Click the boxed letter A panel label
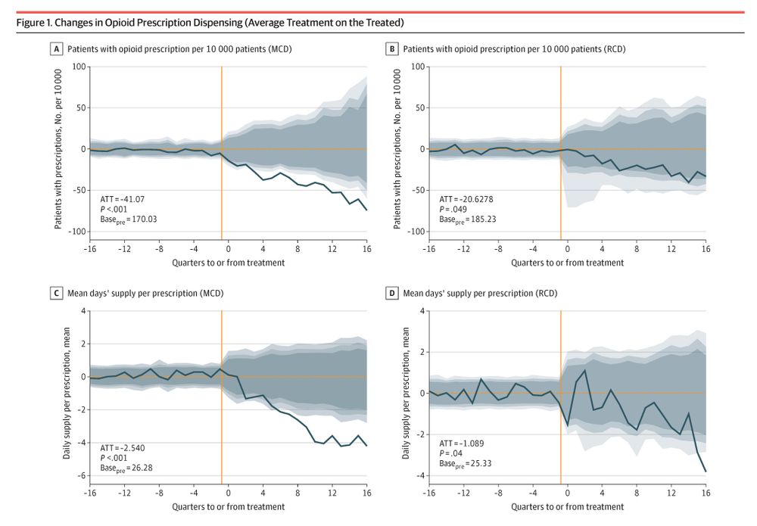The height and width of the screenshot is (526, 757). (x=56, y=49)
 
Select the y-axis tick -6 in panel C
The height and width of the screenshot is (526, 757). (x=83, y=476)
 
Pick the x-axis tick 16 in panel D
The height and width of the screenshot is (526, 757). (x=706, y=492)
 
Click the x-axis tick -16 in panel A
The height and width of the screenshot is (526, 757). (x=90, y=248)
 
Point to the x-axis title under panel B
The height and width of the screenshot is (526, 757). (x=567, y=263)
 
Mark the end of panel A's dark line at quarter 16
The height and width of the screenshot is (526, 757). (x=366, y=210)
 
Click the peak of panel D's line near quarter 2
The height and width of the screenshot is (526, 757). (x=585, y=370)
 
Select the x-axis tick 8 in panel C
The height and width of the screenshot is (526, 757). (x=298, y=492)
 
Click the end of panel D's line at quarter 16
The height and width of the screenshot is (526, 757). (x=706, y=472)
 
